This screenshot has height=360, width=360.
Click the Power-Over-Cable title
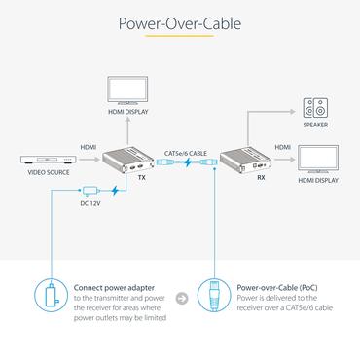coord(180,22)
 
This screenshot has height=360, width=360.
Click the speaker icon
coord(314,107)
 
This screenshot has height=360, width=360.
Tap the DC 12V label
coord(90,203)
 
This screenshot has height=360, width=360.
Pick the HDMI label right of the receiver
coord(282,148)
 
